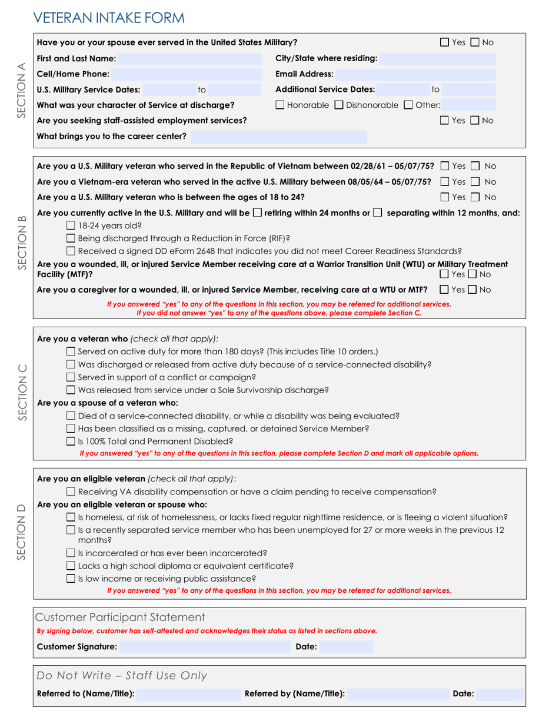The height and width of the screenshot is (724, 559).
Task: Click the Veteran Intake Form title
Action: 109,18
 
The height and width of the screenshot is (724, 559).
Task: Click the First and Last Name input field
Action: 188,59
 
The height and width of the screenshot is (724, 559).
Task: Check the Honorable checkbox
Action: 281,105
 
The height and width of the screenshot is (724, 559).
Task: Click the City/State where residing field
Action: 438,59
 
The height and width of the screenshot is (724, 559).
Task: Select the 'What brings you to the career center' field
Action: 279,137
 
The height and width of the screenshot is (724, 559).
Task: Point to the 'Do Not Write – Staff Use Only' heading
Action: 122,676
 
